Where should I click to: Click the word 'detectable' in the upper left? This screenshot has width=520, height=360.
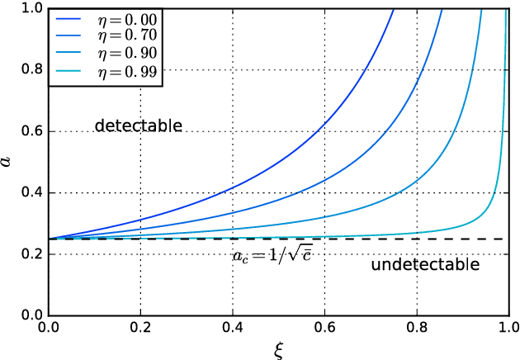point(138,126)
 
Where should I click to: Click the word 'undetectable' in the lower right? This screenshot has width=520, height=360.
point(425,265)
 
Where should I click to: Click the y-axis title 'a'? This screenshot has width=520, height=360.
point(9,162)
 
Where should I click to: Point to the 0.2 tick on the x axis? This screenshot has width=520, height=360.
point(142,328)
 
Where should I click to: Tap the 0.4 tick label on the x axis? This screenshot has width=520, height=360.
point(234,328)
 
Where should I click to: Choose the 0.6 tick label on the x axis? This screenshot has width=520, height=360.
point(325,328)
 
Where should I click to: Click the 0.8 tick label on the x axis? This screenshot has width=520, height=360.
point(417,328)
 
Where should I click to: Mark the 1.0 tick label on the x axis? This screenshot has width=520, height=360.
point(507,328)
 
